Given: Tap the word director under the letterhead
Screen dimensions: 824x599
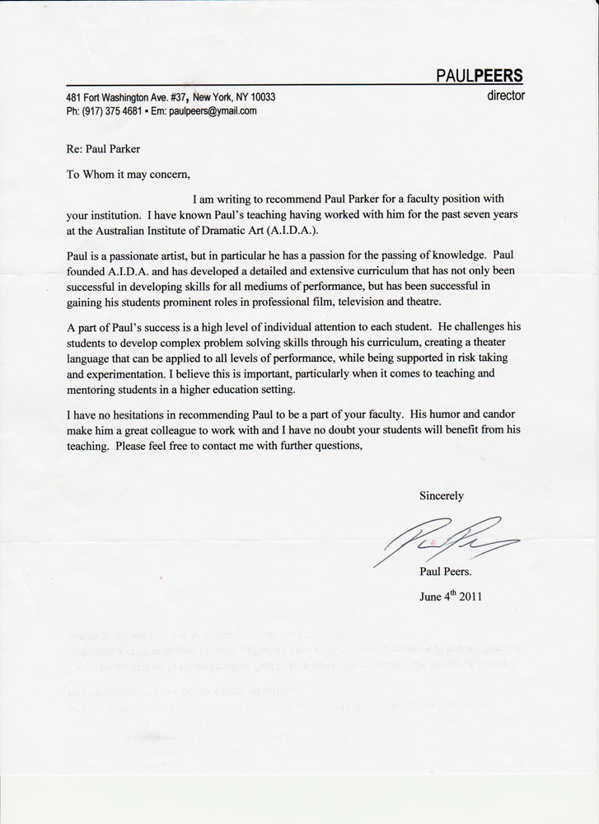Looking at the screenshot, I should point(506,95).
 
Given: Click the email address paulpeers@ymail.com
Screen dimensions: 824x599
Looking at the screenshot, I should point(213,111).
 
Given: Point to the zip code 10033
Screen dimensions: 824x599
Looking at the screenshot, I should point(260,97).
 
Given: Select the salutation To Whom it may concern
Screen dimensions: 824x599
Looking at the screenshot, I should point(128,174).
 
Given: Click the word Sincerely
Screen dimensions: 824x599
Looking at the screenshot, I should point(442,495).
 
